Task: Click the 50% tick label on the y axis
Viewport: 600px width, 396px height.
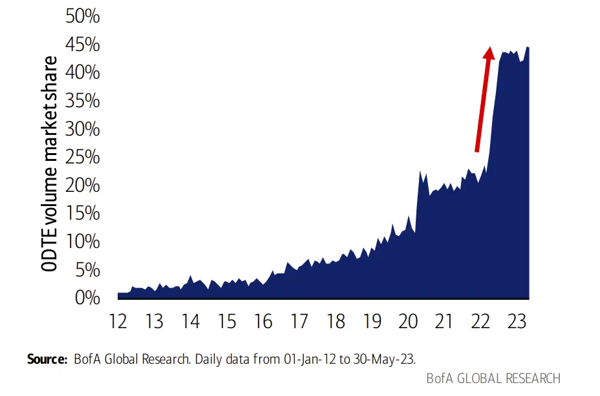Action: pyautogui.click(x=82, y=16)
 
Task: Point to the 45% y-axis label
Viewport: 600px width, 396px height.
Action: pyautogui.click(x=82, y=45)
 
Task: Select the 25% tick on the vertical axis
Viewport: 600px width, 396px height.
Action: pyautogui.click(x=82, y=157)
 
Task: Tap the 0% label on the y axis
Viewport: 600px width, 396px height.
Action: pyautogui.click(x=87, y=298)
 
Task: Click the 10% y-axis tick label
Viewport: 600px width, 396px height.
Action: pyautogui.click(x=82, y=242)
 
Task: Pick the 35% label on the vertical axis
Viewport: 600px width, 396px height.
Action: pyautogui.click(x=82, y=101)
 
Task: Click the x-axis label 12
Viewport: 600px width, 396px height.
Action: pyautogui.click(x=118, y=321)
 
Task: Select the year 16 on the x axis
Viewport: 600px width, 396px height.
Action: pyautogui.click(x=263, y=321)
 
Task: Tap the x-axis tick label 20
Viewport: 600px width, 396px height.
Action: pyautogui.click(x=408, y=321)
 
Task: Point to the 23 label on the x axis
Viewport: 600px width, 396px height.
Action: pyautogui.click(x=517, y=321)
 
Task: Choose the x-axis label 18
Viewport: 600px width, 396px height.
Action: pyautogui.click(x=336, y=321)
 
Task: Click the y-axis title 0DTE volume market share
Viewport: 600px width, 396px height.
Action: pyautogui.click(x=49, y=164)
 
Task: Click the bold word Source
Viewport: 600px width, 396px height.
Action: pyautogui.click(x=47, y=359)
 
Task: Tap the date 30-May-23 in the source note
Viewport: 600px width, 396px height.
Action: pyautogui.click(x=384, y=359)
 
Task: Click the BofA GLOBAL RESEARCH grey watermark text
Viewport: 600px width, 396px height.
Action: pyautogui.click(x=493, y=379)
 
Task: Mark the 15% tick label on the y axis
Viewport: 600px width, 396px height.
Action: pyautogui.click(x=82, y=213)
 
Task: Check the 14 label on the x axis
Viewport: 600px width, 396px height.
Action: pyautogui.click(x=191, y=321)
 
